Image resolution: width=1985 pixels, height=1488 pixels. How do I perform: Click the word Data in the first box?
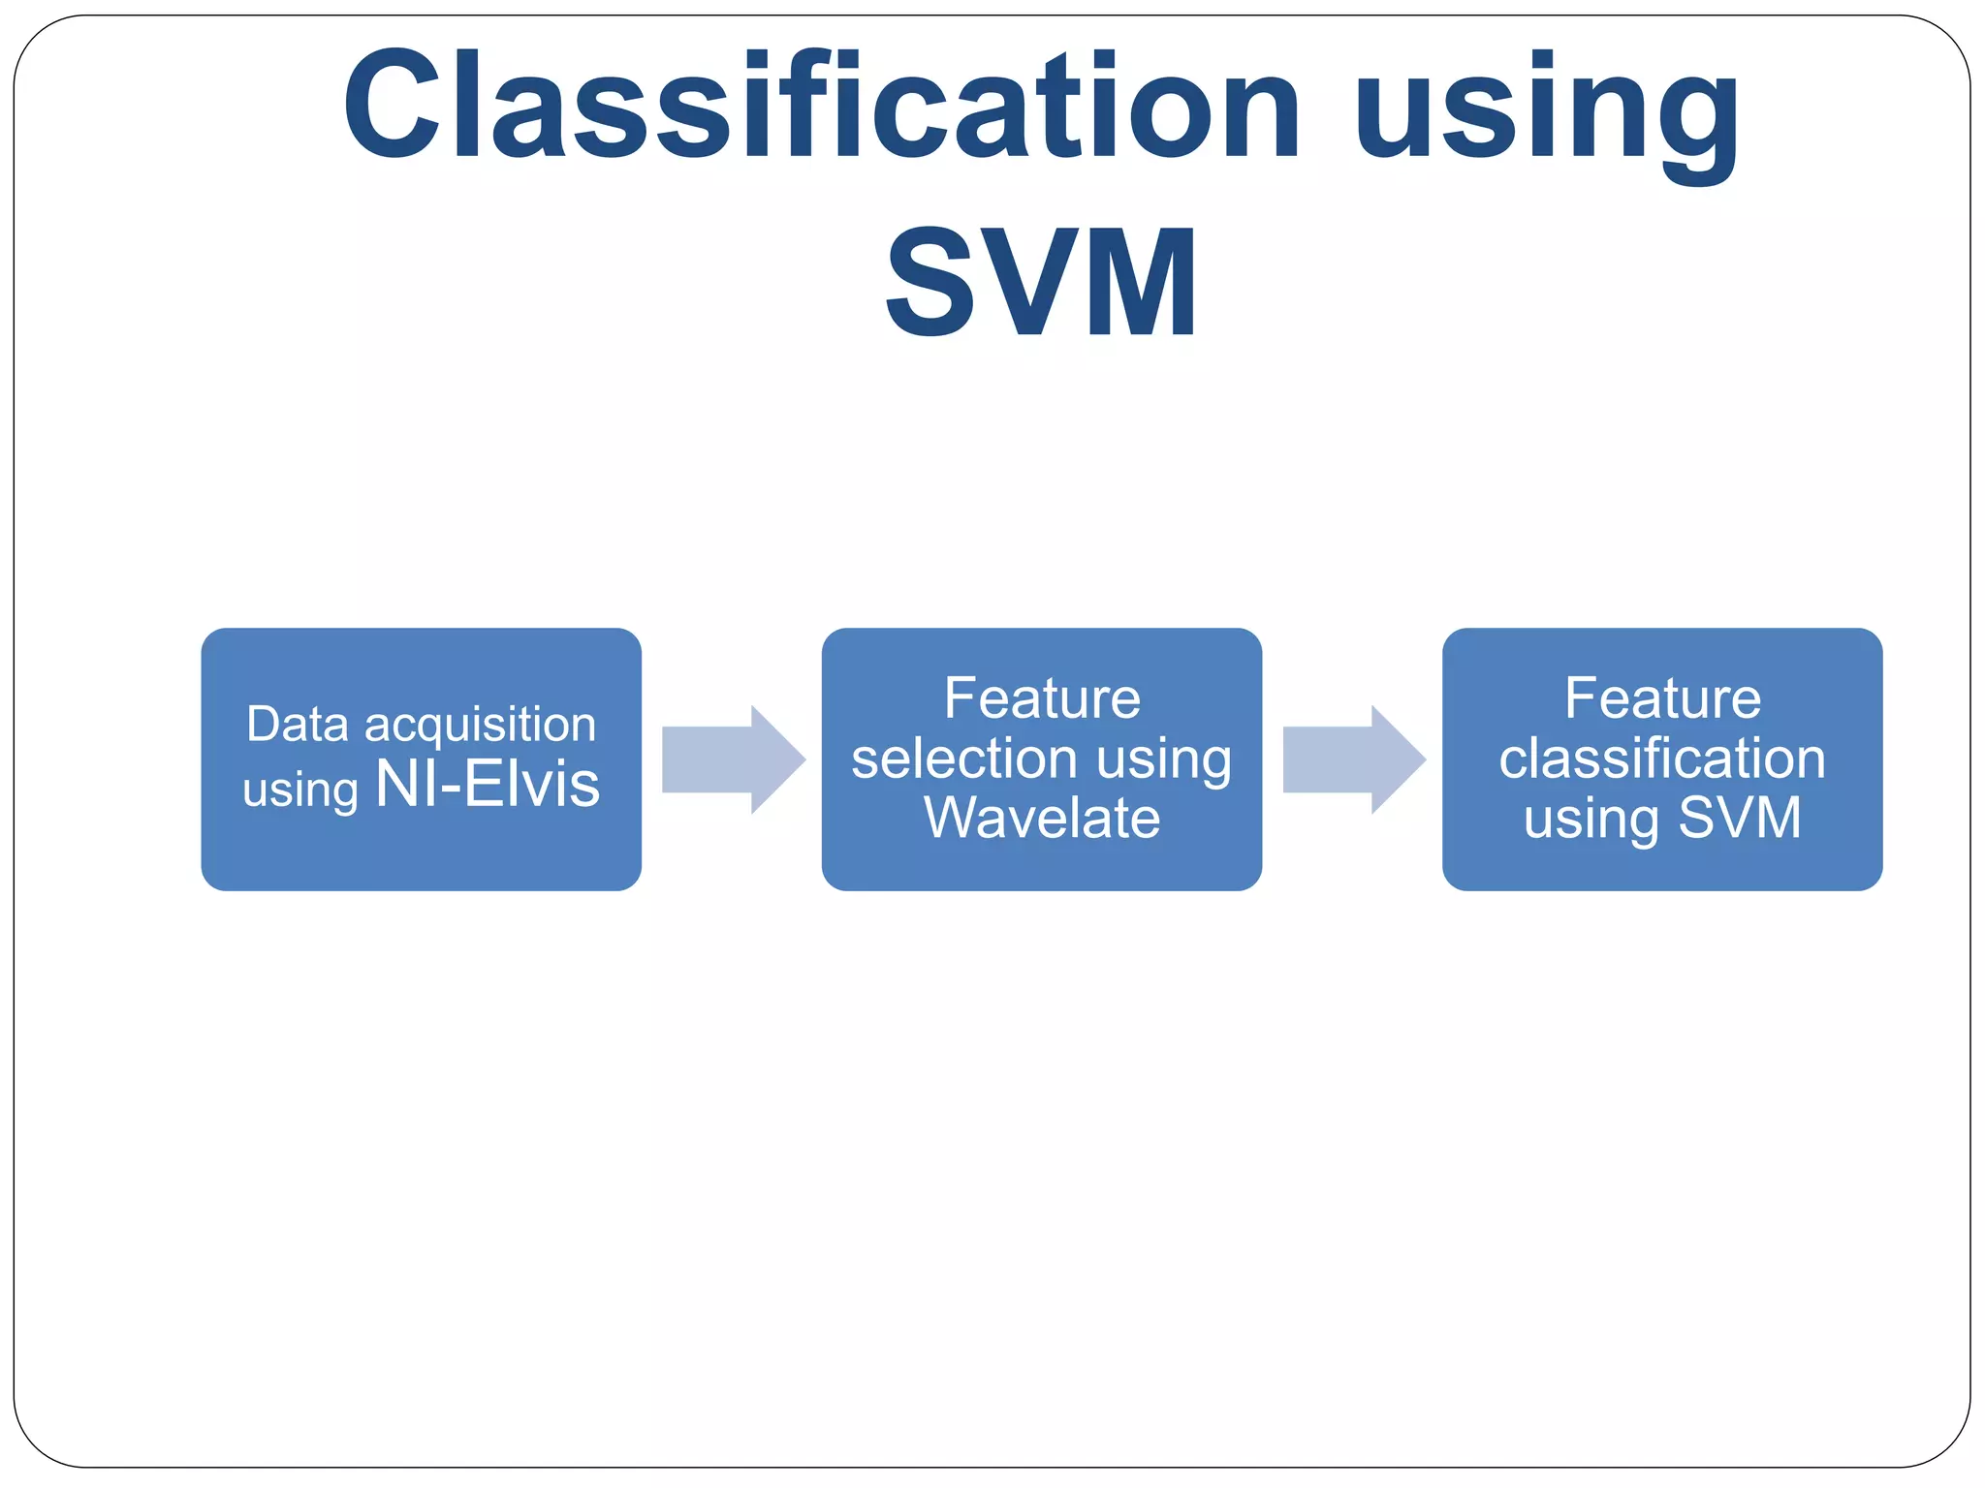click(297, 725)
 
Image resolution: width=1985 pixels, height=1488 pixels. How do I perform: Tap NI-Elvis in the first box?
click(488, 784)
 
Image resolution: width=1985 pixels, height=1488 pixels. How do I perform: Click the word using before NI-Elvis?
click(300, 790)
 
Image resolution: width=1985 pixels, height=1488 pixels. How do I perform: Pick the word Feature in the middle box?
click(1042, 698)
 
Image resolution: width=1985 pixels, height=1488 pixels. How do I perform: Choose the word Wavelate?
click(1042, 818)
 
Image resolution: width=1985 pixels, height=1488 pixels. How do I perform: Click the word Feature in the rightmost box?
click(1662, 698)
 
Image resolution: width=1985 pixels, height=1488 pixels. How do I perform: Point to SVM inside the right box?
click(1739, 818)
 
